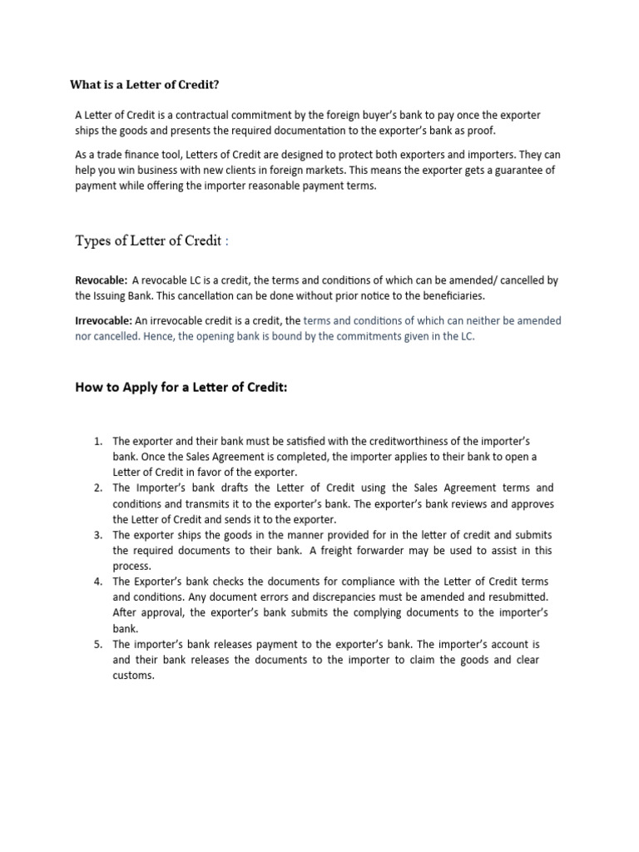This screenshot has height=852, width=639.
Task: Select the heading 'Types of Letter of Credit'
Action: pos(149,241)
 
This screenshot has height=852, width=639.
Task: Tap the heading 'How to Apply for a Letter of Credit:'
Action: pos(181,387)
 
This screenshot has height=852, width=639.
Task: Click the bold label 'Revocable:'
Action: pos(102,280)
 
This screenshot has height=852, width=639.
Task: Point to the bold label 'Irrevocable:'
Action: pos(104,320)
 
